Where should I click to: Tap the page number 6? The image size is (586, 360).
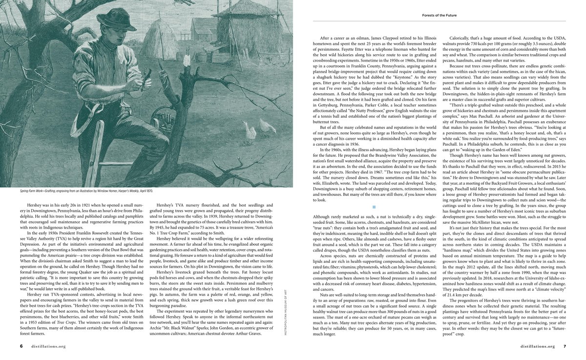pyautogui.click(x=21, y=346)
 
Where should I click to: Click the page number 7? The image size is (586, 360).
pyautogui.click(x=564, y=346)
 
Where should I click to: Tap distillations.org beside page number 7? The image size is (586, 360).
pyautogui.click(x=538, y=346)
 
